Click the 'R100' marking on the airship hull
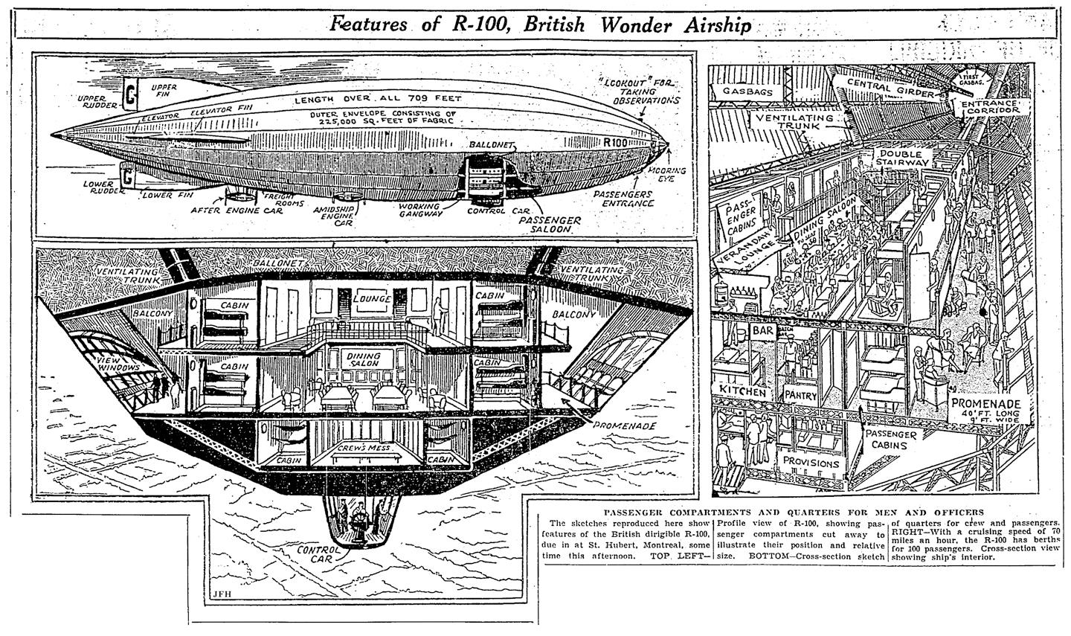[x=617, y=141]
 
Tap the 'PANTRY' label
[x=799, y=396]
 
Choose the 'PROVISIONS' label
[x=810, y=463]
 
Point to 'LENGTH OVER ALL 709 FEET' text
[x=378, y=99]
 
